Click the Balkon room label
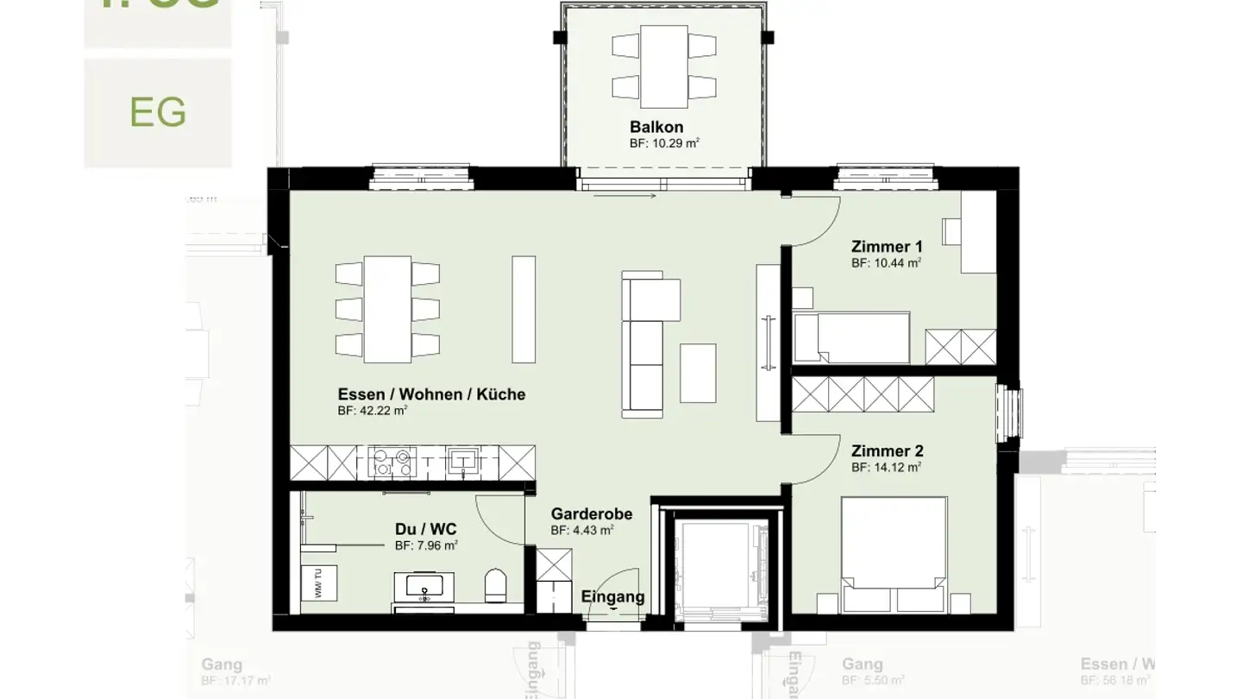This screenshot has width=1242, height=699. tap(655, 128)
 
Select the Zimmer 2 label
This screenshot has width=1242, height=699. tap(887, 451)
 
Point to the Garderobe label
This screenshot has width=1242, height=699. tap(592, 514)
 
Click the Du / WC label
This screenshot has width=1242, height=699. tap(426, 529)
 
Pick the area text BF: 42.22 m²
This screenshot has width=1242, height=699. tap(373, 412)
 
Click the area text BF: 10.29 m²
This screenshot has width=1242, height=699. tap(663, 144)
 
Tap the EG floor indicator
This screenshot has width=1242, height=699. tap(158, 112)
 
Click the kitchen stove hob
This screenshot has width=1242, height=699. tap(392, 462)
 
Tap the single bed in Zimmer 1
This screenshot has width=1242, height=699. tap(852, 337)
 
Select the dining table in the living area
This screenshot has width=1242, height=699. tap(387, 308)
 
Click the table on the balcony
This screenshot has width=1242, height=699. tap(663, 62)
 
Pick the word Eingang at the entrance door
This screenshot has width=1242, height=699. tap(612, 596)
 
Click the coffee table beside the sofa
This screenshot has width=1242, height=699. tap(698, 373)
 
